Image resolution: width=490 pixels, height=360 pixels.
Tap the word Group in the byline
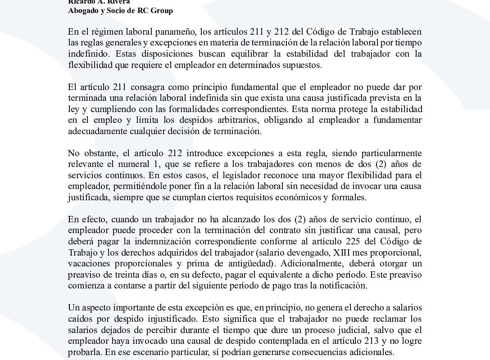pyautogui.click(x=163, y=11)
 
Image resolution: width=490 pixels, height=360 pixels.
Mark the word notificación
pyautogui.click(x=344, y=284)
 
